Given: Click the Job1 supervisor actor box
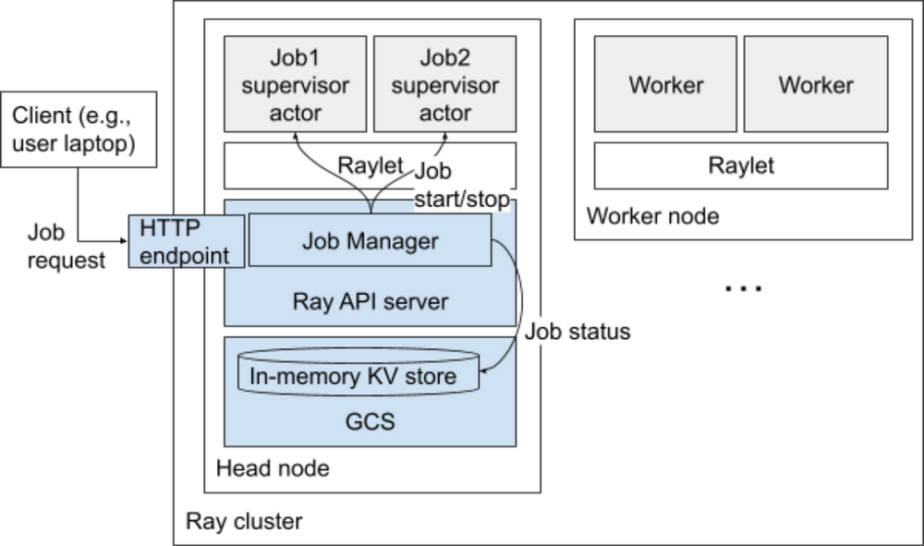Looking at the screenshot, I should [x=296, y=85].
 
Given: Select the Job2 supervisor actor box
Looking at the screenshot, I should [x=444, y=85].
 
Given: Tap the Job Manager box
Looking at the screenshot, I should [x=370, y=241].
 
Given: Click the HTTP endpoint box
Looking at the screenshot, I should [x=186, y=241].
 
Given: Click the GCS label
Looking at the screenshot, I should [x=370, y=423].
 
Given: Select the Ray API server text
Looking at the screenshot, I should [x=370, y=301].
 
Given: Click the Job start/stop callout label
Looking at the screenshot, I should [x=460, y=186].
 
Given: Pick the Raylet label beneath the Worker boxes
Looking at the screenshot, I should [x=741, y=166].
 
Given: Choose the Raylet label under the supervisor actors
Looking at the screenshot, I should [x=371, y=165].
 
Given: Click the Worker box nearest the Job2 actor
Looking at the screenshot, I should [x=666, y=85].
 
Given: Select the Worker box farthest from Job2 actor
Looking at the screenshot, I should [x=816, y=85].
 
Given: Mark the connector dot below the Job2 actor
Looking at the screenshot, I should [x=444, y=138].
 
